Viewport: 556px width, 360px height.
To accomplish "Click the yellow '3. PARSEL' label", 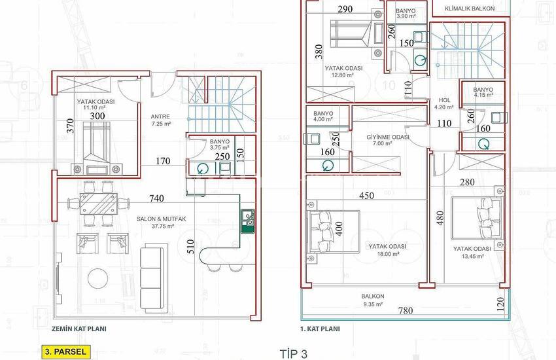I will click(x=65, y=351).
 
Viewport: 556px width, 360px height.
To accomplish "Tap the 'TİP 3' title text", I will click(x=292, y=353).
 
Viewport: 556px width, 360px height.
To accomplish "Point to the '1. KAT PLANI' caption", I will click(x=320, y=329).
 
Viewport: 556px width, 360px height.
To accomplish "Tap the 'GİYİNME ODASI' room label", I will click(x=387, y=137).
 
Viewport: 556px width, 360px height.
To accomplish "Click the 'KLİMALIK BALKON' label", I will click(x=469, y=9).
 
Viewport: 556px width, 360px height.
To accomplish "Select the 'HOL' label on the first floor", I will click(x=444, y=100).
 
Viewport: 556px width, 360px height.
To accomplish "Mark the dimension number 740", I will click(x=156, y=198).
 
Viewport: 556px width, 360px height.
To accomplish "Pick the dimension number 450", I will click(x=367, y=195).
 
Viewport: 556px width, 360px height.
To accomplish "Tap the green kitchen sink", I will click(x=248, y=221).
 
